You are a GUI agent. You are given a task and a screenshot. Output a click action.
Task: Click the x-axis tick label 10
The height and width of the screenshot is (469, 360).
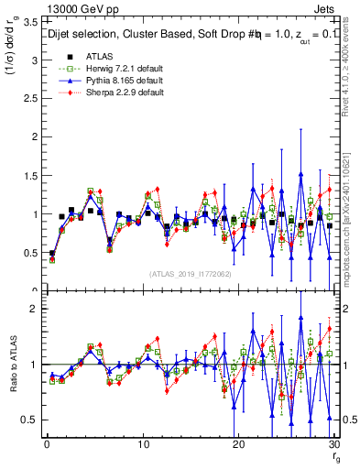142,444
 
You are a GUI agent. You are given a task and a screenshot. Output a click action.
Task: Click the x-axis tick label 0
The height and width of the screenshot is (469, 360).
47,444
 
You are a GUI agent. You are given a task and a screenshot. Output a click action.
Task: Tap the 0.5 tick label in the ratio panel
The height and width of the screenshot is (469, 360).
29,420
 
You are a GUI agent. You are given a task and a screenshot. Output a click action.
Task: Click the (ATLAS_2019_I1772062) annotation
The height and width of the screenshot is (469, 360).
190,273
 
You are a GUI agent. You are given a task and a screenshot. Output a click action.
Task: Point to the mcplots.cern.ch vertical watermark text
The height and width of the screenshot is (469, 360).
353,220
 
